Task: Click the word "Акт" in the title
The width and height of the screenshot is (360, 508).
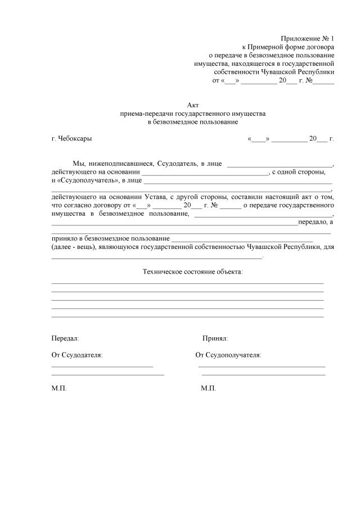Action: click(x=193, y=105)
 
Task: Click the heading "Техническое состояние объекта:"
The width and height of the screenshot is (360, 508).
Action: click(x=193, y=271)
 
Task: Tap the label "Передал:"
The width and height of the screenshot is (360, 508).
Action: click(x=65, y=339)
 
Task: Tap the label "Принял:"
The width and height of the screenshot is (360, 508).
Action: click(x=215, y=339)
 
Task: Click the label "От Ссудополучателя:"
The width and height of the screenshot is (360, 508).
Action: click(x=228, y=355)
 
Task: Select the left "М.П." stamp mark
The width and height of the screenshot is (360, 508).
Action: click(x=59, y=388)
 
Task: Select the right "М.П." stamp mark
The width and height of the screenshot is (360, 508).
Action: click(x=208, y=388)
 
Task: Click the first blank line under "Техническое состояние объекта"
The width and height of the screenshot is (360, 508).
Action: click(x=187, y=283)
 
